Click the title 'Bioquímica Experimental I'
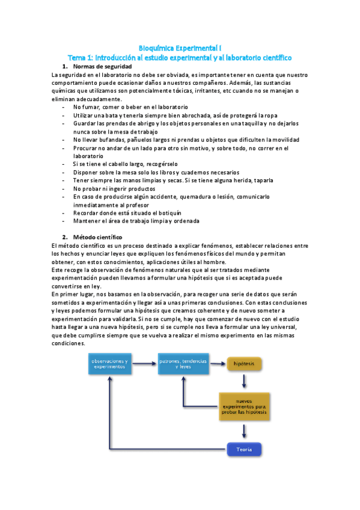pos(180,47)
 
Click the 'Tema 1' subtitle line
pos(180,57)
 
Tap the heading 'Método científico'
pos(97,237)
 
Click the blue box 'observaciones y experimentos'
pos(109,363)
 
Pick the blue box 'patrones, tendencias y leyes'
pos(181,363)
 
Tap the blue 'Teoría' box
pos(244,449)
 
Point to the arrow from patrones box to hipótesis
pos(216,363)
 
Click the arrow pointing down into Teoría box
pos(244,431)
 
